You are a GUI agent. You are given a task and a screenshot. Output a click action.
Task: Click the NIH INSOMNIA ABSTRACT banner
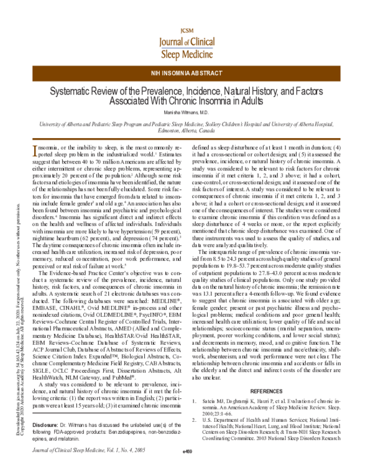[186, 73]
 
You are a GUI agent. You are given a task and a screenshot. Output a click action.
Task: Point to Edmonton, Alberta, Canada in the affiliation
[186, 131]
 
